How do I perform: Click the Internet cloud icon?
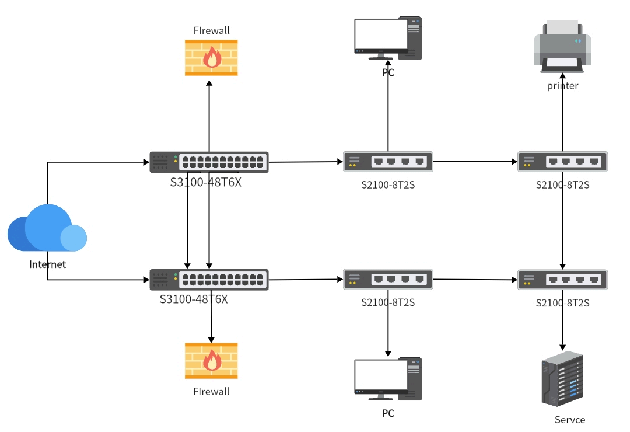click(47, 229)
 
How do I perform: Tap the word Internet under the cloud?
click(48, 264)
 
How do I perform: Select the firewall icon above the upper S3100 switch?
click(211, 58)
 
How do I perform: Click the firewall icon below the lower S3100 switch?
click(211, 361)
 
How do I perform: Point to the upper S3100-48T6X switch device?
click(209, 162)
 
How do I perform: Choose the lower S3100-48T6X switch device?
click(209, 280)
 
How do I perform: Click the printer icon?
click(562, 46)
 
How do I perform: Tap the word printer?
click(562, 86)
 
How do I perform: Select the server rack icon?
click(562, 379)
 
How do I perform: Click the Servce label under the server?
click(569, 420)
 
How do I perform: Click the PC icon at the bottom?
click(388, 379)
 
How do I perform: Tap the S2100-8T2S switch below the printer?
click(562, 162)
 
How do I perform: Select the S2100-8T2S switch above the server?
click(562, 280)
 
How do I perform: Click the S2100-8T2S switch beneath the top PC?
click(388, 162)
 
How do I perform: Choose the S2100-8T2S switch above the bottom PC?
click(388, 280)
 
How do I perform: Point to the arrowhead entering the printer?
click(562, 76)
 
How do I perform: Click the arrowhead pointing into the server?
click(562, 346)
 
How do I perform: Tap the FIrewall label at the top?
click(211, 30)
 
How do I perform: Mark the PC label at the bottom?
click(388, 414)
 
